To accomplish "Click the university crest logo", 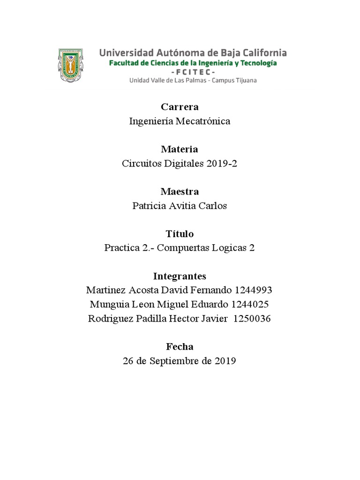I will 71,65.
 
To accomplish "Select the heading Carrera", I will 180,107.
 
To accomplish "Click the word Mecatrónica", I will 203,121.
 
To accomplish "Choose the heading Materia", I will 180,149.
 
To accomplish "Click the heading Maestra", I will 180,191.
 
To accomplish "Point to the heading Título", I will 180,233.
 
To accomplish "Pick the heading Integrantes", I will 180,276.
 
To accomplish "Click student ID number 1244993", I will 252,290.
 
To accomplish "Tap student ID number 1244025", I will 249,304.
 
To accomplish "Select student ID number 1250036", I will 251,319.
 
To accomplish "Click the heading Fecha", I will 180,346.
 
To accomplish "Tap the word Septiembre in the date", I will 173,361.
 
